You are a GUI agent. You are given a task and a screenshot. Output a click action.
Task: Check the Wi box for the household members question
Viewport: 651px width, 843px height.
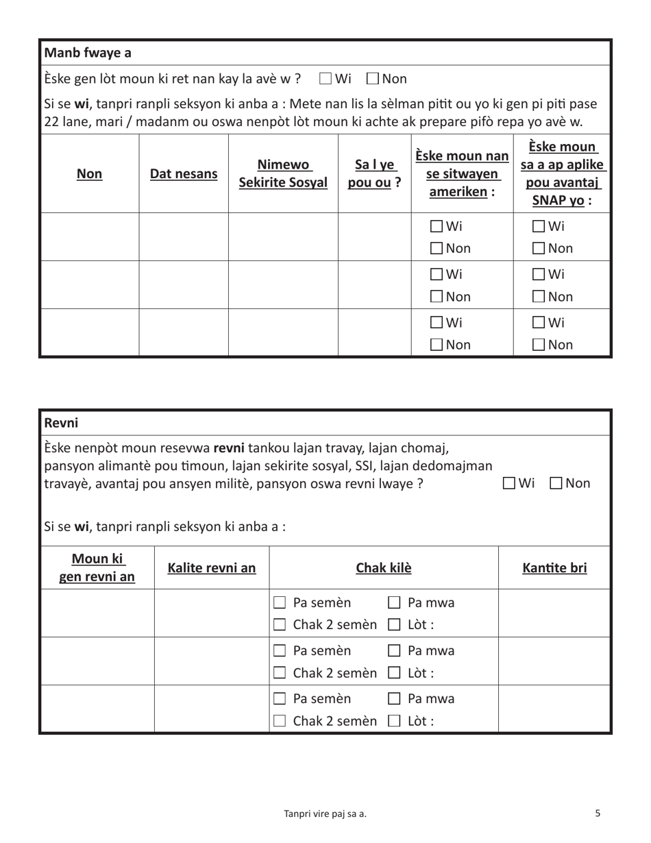(326, 79)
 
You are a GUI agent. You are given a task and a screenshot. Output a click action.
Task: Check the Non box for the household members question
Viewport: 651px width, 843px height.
(373, 79)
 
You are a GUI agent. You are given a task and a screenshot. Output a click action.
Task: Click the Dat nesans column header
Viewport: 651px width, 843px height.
(184, 174)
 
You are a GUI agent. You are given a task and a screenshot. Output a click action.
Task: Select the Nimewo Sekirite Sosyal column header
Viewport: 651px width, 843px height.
(283, 174)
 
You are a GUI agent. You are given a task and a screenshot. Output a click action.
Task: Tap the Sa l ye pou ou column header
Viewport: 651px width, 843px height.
(374, 174)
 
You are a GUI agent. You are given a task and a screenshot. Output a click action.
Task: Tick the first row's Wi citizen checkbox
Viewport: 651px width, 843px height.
(437, 226)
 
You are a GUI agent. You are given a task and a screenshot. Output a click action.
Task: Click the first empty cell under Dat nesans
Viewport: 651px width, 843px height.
(184, 236)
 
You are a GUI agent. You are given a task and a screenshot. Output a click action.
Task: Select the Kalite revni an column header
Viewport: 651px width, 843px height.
(212, 567)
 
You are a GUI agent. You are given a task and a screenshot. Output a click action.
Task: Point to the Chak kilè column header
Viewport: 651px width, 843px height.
(383, 567)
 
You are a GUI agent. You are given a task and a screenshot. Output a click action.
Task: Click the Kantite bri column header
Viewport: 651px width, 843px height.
(554, 567)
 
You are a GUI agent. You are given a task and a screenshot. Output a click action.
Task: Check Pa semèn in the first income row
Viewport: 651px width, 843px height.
(280, 603)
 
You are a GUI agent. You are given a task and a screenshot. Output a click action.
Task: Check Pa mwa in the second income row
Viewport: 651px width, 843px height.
(395, 651)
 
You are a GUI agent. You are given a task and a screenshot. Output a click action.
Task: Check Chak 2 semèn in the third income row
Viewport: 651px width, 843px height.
(280, 721)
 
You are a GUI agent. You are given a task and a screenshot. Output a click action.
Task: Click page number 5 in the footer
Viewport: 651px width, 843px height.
(598, 813)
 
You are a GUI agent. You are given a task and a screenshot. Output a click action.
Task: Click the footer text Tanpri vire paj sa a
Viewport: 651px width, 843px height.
(325, 814)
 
